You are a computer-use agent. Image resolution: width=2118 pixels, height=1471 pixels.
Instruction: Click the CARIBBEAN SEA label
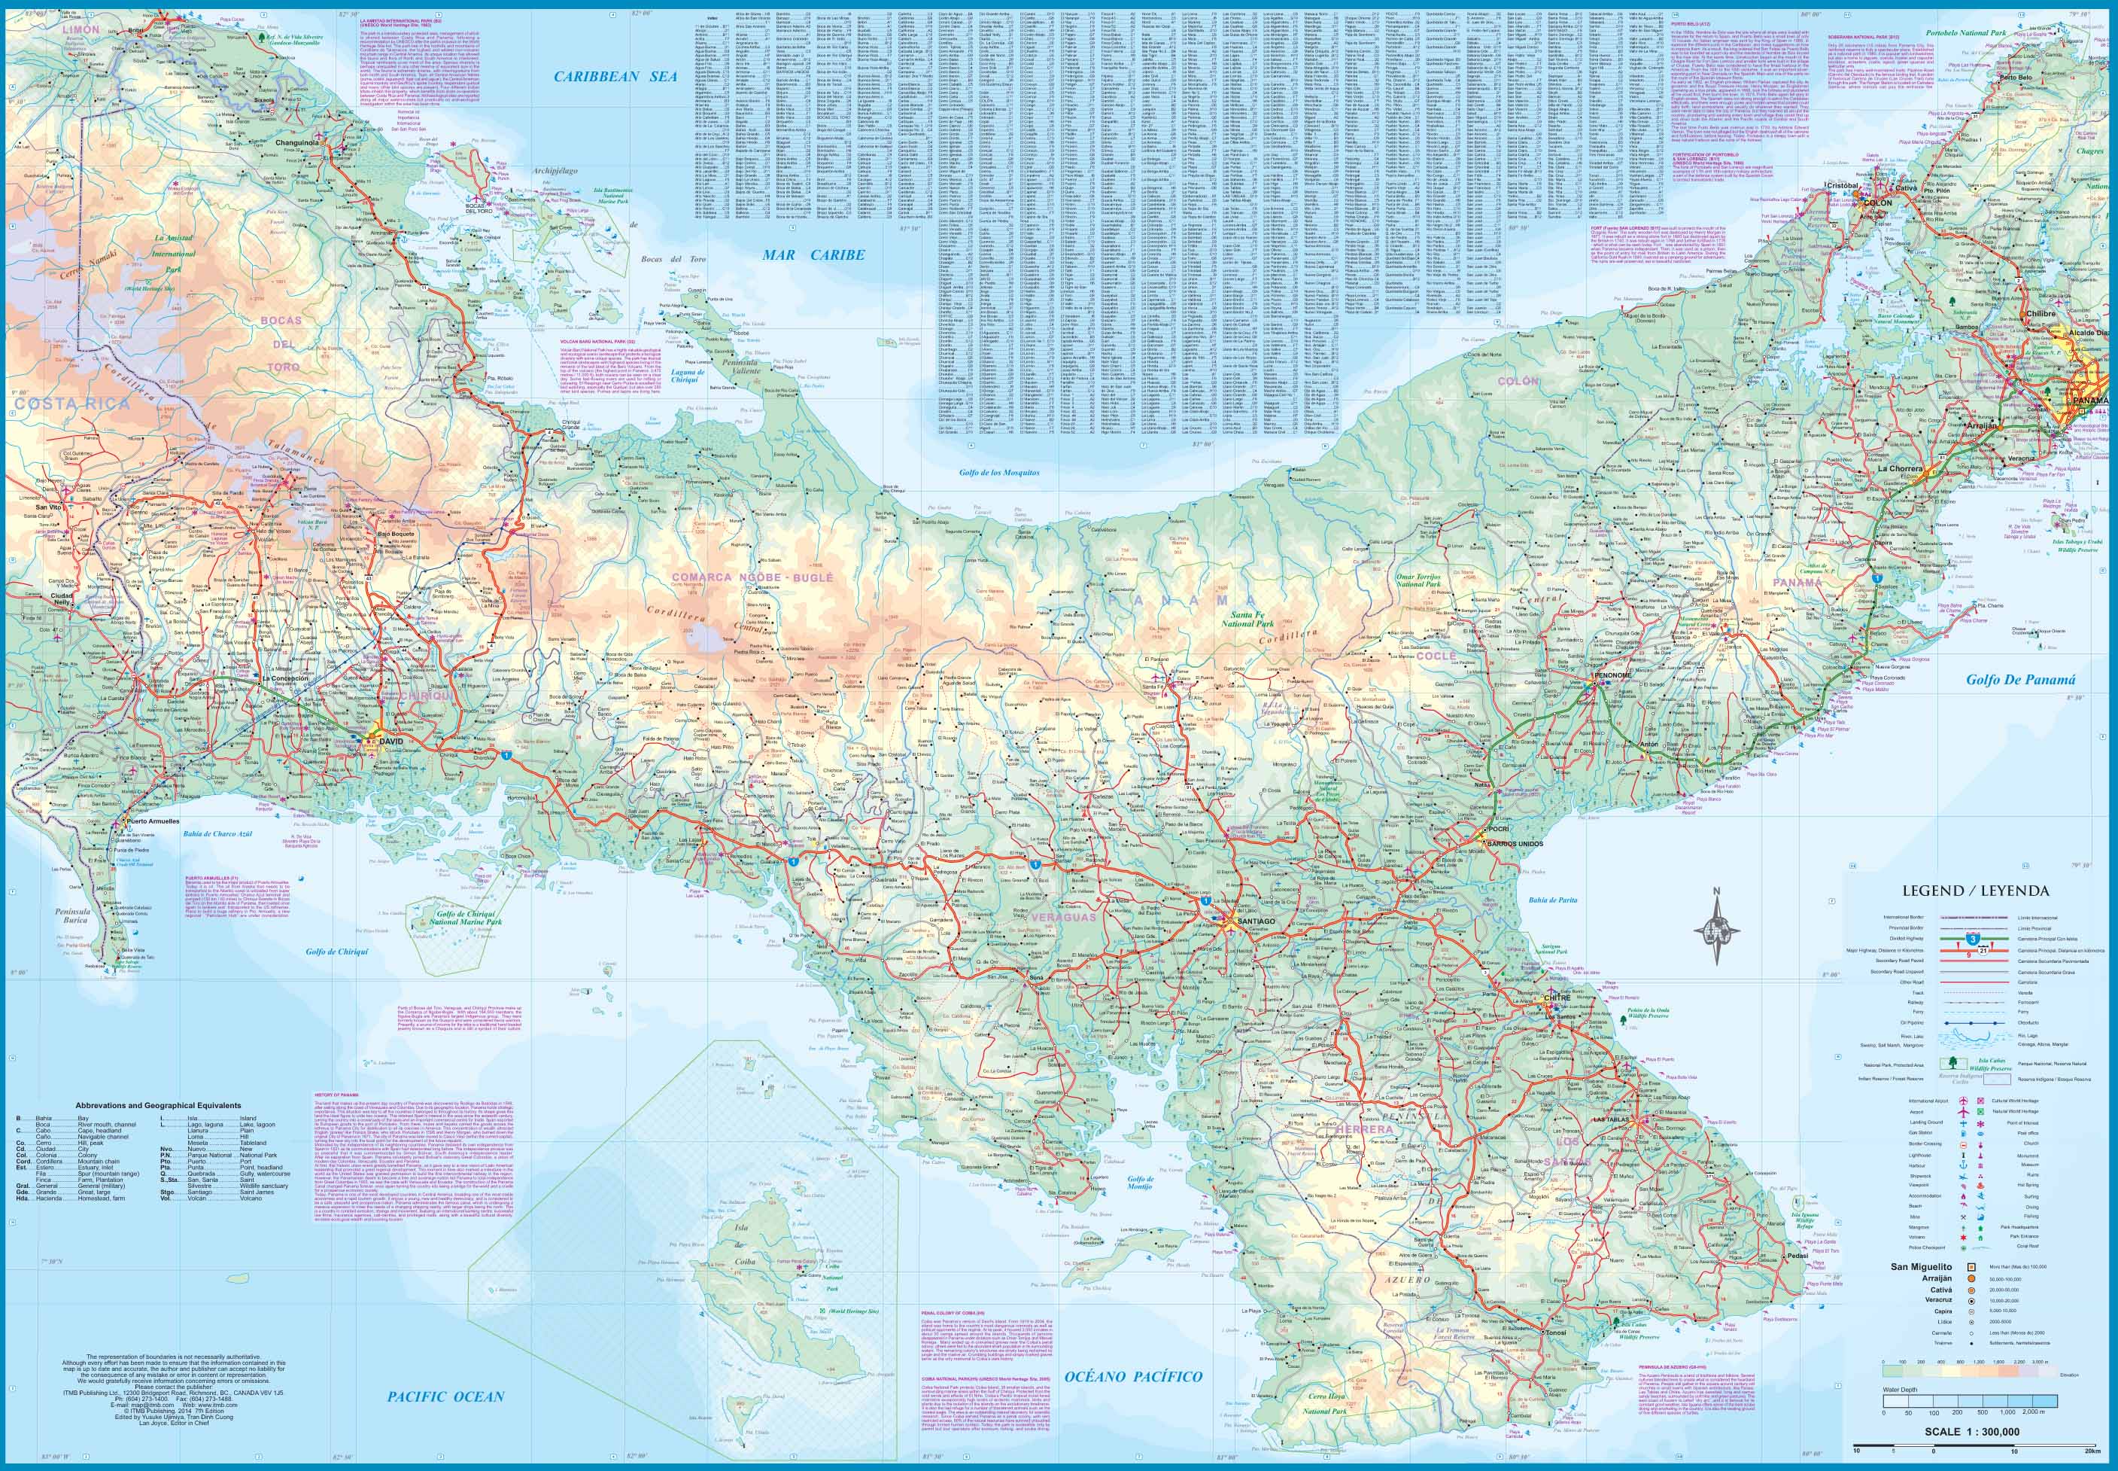tap(615, 77)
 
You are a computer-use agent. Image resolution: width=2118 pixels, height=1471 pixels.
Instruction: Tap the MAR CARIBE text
tap(813, 254)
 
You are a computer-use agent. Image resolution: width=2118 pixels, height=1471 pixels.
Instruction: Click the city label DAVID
tap(391, 739)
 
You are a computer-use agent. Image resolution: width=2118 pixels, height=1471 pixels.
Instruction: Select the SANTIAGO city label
tap(1257, 921)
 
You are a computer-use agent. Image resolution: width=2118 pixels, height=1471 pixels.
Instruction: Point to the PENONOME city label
tap(1612, 675)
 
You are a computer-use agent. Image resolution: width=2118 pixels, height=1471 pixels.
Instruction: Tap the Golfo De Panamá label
tap(2020, 681)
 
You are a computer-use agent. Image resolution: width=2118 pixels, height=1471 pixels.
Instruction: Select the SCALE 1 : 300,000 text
tap(1971, 1431)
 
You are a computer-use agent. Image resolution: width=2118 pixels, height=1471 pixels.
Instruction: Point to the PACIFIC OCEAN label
tap(446, 1396)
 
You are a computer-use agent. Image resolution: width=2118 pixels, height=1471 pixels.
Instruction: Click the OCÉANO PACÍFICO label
tap(1133, 1377)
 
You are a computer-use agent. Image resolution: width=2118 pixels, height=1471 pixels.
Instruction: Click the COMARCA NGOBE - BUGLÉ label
tap(751, 577)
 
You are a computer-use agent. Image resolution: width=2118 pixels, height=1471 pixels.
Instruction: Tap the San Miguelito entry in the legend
tap(1921, 1266)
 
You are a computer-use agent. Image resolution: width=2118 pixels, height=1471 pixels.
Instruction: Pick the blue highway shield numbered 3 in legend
tap(1971, 938)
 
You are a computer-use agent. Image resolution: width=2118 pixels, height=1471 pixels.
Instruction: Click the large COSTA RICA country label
tap(72, 404)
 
